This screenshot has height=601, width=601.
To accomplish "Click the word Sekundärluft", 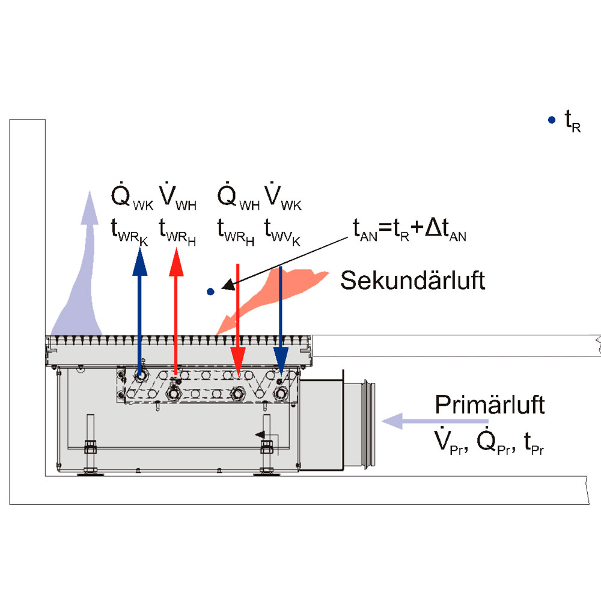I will (412, 280).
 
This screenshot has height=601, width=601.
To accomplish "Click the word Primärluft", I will (490, 405).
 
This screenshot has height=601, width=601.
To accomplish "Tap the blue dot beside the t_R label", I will (552, 120).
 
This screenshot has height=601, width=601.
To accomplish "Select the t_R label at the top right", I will (572, 123).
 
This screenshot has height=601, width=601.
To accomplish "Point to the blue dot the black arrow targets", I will (210, 292).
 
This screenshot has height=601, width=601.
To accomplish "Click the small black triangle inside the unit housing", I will (260, 435).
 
